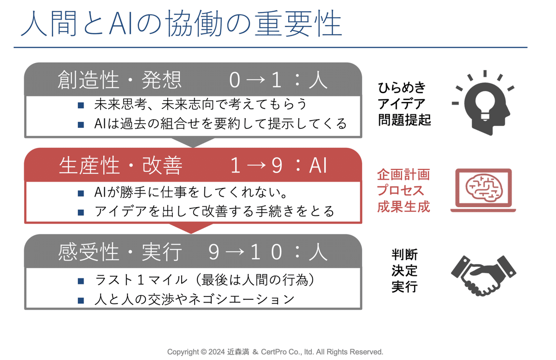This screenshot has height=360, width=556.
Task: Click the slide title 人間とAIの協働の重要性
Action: point(182,24)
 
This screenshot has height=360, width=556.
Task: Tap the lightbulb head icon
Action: point(483,103)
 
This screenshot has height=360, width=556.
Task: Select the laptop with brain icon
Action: point(483,190)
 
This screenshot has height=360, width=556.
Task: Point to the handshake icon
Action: point(484,276)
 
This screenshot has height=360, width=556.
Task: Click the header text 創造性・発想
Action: point(120,80)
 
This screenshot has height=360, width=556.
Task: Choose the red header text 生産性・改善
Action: point(120,165)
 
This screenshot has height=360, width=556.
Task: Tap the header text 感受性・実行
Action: point(120,252)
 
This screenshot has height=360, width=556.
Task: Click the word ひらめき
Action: point(402,88)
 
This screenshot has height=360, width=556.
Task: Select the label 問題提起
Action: point(404,120)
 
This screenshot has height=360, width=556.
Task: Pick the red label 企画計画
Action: point(404,174)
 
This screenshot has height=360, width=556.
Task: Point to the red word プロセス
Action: point(400,190)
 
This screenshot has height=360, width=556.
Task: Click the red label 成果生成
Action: point(404,207)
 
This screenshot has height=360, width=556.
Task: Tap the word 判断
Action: point(404,255)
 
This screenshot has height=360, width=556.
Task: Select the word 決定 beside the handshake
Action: point(404,271)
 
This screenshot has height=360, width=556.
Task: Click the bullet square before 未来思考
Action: point(81,105)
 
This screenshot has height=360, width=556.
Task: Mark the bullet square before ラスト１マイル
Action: point(81,281)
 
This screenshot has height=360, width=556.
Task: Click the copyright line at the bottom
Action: point(275,352)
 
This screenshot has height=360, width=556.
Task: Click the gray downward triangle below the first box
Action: point(193,142)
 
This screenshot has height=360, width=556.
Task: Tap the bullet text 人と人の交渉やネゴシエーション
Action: point(195,299)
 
